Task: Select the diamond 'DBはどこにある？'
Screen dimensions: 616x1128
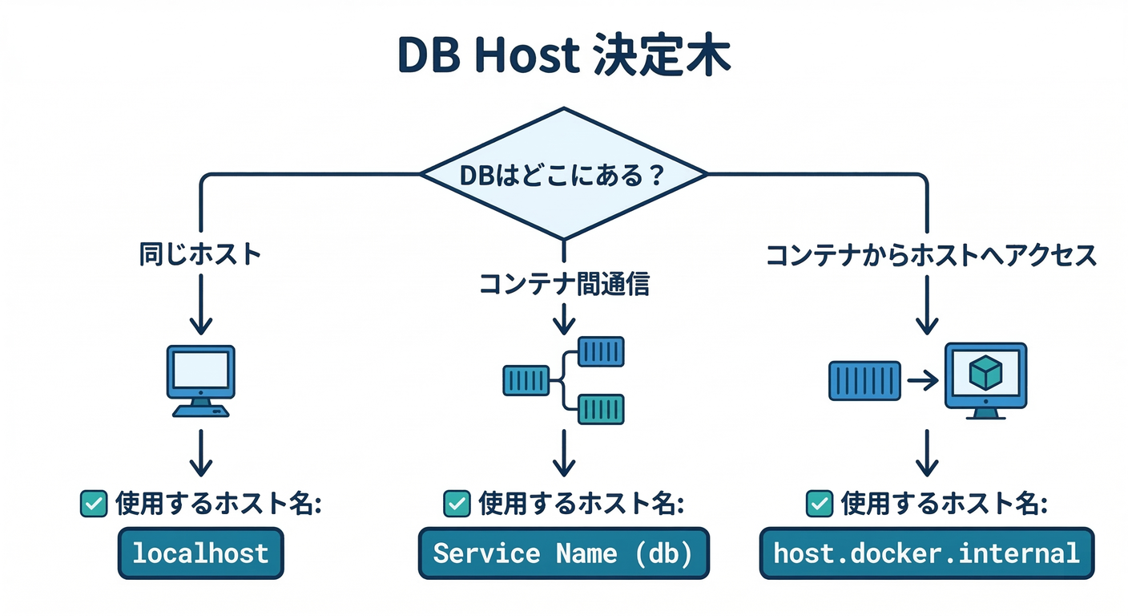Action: click(564, 175)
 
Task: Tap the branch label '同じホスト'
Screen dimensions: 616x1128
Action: click(200, 255)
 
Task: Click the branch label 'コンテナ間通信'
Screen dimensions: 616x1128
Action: click(564, 284)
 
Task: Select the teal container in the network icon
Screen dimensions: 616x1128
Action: click(601, 408)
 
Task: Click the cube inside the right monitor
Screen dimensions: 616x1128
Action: click(985, 372)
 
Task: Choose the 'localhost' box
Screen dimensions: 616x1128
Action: click(200, 553)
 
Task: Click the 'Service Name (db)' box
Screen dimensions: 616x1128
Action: click(564, 553)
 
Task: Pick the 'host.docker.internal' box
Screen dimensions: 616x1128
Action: click(926, 553)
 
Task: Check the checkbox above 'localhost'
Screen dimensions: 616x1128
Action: click(94, 504)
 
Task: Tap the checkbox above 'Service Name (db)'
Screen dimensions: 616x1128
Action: click(457, 504)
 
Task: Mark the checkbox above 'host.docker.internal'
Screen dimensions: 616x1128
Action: click(818, 504)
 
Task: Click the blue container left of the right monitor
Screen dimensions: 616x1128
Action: click(864, 381)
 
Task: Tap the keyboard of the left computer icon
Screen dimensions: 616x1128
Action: click(200, 411)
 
